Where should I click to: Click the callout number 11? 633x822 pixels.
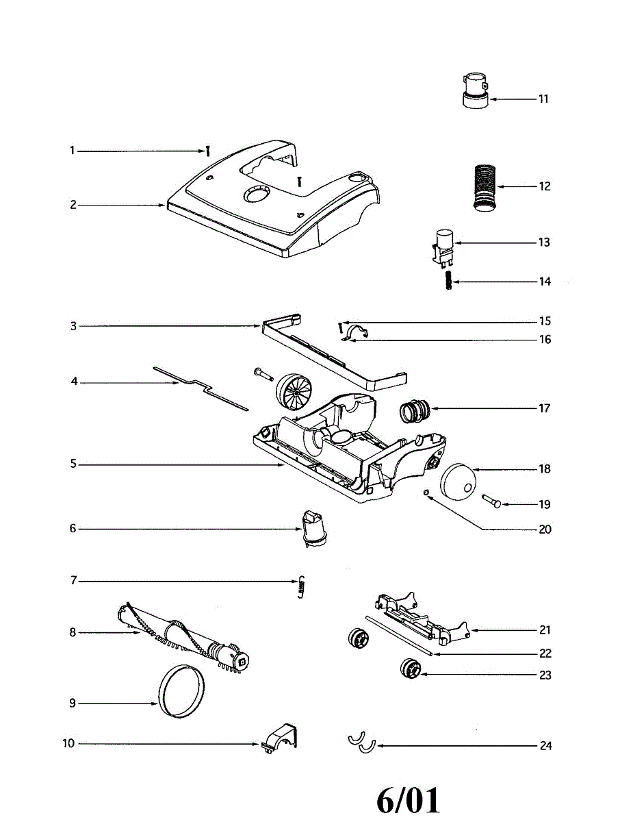coord(543,99)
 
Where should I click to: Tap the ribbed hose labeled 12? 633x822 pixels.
coord(484,186)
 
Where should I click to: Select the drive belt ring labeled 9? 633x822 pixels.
coord(181,691)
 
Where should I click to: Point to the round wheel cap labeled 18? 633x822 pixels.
coord(457,480)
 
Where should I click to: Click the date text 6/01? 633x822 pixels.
coord(409,799)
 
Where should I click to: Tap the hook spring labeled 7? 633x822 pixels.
coord(300,587)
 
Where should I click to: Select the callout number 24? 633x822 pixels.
coord(545,745)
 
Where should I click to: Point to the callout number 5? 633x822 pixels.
coord(73,464)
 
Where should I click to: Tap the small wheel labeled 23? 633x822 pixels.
coord(411,669)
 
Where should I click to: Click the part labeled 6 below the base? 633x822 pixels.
coord(312,527)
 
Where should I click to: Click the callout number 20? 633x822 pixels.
coord(545,530)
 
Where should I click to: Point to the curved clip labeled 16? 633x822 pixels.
coord(357,334)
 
